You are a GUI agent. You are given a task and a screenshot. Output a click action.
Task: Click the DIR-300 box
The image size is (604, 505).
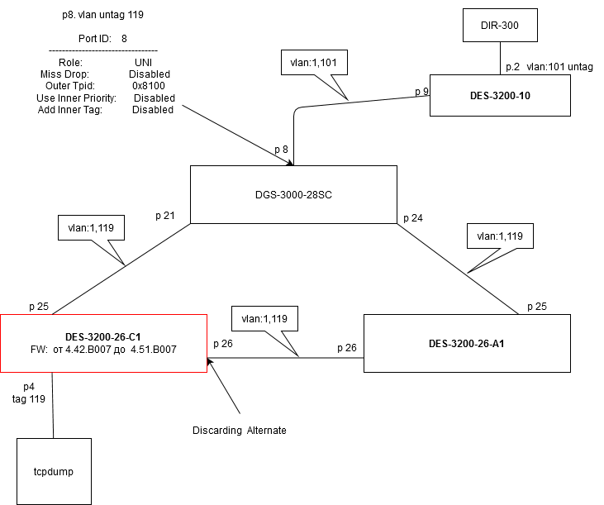tap(501, 26)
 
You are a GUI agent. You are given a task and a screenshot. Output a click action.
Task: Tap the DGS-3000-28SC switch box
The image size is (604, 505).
tap(294, 195)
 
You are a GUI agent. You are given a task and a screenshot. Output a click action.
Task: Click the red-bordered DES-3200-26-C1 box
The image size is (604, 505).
tap(102, 343)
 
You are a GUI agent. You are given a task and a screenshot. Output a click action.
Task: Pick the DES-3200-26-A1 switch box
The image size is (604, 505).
tap(468, 343)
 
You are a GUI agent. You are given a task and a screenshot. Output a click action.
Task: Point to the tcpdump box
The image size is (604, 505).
tap(53, 471)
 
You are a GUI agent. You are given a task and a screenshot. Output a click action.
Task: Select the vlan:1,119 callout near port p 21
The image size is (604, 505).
tap(92, 228)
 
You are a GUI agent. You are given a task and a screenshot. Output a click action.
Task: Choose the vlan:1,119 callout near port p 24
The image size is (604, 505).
tap(499, 236)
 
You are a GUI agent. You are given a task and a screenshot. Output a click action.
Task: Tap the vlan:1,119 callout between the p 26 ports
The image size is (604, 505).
tap(264, 318)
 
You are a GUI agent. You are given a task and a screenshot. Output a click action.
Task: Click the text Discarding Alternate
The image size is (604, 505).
tap(239, 431)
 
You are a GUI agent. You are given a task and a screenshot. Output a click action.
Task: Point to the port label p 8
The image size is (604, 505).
tap(282, 150)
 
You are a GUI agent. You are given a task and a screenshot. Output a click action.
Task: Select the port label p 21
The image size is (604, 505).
tap(165, 216)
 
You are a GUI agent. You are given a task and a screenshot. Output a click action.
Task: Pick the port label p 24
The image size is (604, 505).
tap(412, 218)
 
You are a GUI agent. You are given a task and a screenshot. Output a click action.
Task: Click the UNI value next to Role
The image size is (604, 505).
tap(145, 62)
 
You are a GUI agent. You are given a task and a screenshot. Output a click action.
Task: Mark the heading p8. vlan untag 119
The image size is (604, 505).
tap(97, 15)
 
